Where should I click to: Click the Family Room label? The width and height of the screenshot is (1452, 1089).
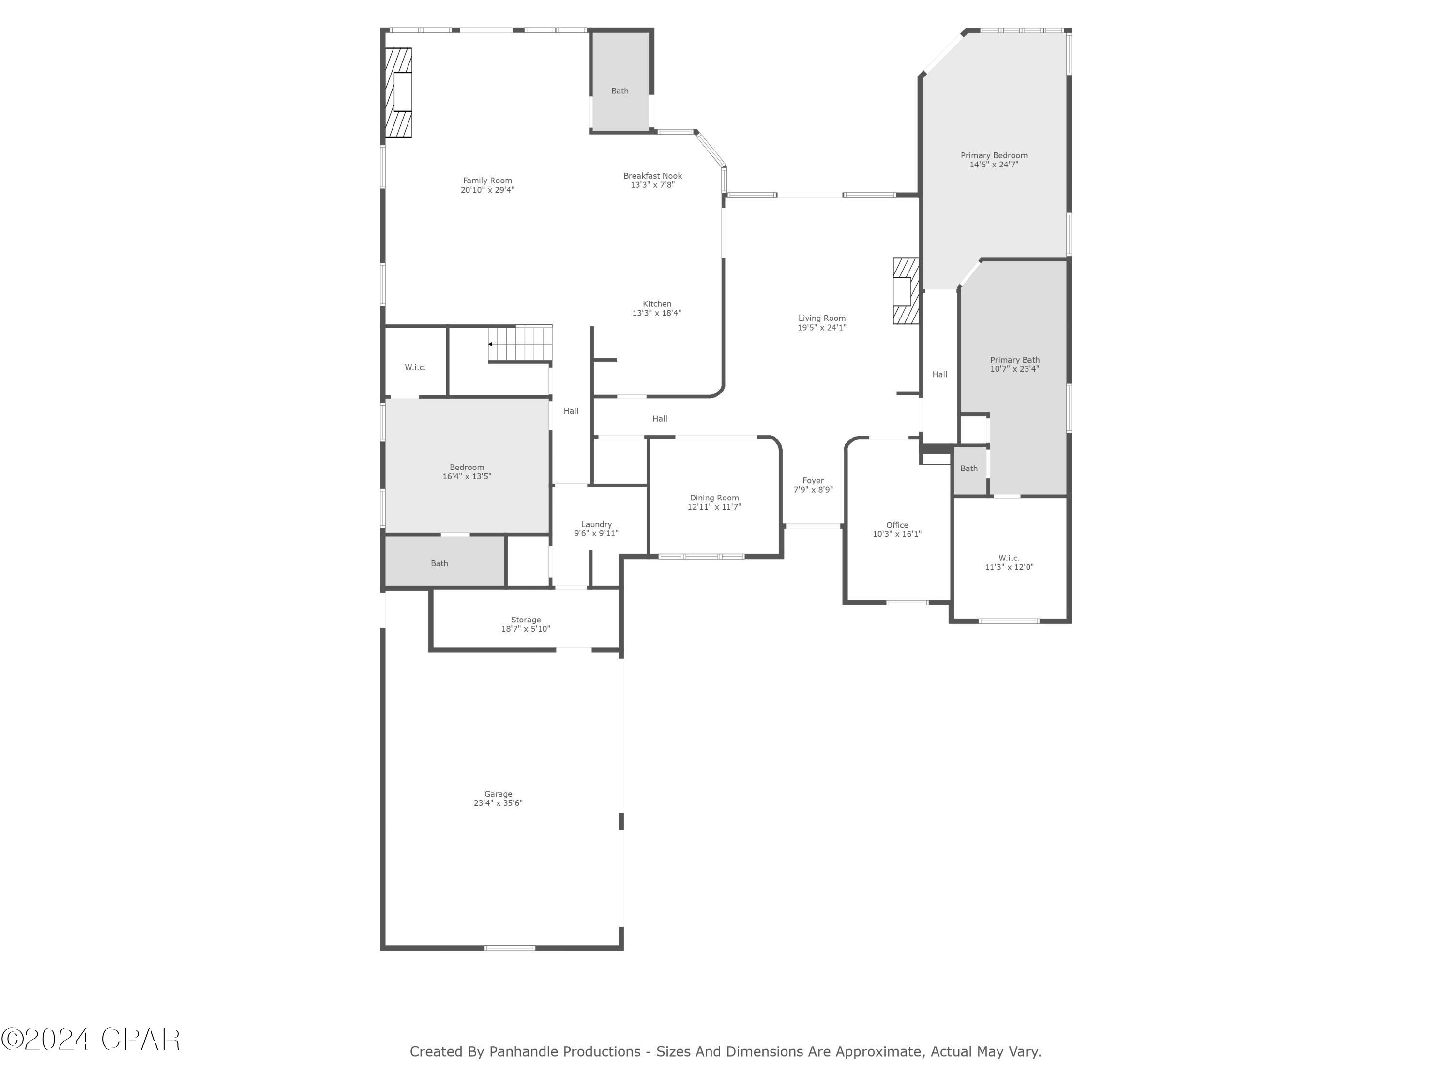487,181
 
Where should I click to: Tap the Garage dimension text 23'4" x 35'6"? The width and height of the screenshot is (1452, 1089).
498,803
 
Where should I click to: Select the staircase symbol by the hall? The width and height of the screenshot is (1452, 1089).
520,343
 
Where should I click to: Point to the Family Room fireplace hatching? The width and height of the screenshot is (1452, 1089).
398,92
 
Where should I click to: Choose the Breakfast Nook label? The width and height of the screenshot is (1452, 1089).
652,176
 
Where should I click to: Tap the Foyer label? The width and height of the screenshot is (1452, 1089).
813,481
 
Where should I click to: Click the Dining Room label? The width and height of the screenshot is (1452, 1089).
714,498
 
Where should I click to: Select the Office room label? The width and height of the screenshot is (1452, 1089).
897,525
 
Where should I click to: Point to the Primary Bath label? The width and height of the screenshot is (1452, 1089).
1014,360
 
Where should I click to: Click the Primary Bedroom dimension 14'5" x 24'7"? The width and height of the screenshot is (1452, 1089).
994,165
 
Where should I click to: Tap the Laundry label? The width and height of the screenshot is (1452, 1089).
596,525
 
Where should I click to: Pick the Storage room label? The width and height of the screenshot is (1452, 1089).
526,620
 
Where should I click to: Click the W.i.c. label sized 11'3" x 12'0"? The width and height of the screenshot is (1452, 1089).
1009,558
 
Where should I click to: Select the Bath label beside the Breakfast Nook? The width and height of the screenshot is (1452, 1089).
620,91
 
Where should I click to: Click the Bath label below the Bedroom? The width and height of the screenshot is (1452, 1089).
439,563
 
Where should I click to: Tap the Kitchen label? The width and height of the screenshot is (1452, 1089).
656,304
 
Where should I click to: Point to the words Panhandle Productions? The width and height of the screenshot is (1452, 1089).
564,1052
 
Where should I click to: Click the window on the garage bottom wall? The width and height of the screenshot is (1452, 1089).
509,947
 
